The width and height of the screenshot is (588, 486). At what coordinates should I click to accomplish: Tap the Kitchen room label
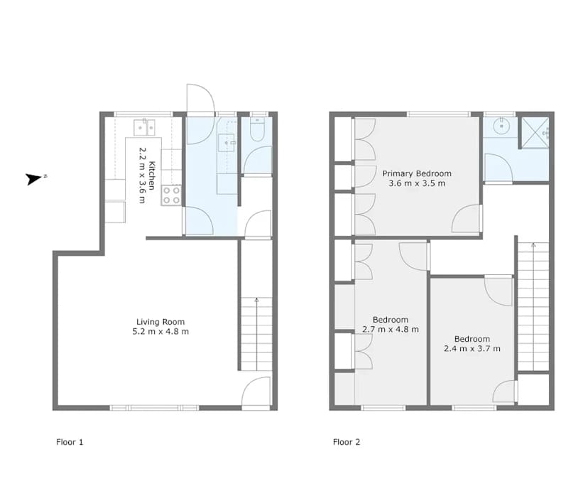coord(152,175)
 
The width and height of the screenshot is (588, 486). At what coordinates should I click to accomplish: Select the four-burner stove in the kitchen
coord(171,195)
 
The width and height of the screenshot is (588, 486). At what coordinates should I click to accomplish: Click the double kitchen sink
coord(144,127)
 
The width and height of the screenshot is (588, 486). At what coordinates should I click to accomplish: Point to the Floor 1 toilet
coord(257,129)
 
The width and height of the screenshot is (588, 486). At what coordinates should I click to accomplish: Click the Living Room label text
coord(160,322)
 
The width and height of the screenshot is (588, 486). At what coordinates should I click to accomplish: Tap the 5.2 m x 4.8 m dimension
coord(160,331)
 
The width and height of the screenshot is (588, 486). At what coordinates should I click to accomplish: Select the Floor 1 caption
coord(70,442)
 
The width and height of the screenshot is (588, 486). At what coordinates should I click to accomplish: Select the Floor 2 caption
coord(347,442)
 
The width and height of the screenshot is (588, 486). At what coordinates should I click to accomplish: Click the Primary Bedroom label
coord(417,174)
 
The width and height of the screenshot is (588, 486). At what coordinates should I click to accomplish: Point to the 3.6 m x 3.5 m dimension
coord(417,183)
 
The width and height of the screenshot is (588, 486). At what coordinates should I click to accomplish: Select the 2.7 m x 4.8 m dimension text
coord(391,330)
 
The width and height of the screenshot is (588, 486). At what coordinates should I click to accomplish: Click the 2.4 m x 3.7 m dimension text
coord(472,349)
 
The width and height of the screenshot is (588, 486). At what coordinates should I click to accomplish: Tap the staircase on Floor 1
coord(256,334)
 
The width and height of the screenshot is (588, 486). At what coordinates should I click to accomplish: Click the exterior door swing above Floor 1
coord(200,98)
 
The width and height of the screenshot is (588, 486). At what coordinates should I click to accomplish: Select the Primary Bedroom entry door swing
coord(467,218)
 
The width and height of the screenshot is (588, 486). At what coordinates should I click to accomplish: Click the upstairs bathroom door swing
coord(499,168)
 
